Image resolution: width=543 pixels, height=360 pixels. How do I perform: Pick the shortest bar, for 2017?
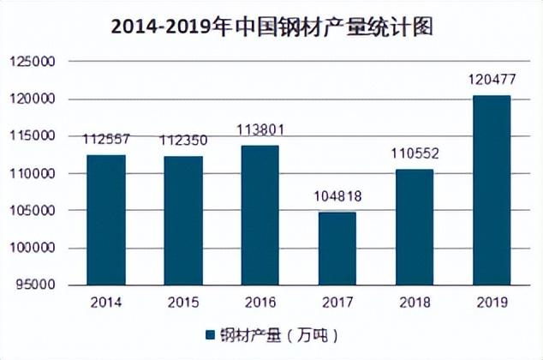pyautogui.click(x=337, y=248)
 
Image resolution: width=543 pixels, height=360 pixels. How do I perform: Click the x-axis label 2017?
pyautogui.click(x=337, y=302)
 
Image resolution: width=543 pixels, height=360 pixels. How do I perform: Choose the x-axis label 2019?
pyautogui.click(x=492, y=302)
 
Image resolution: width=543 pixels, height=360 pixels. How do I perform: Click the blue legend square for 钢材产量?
pyautogui.click(x=209, y=333)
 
